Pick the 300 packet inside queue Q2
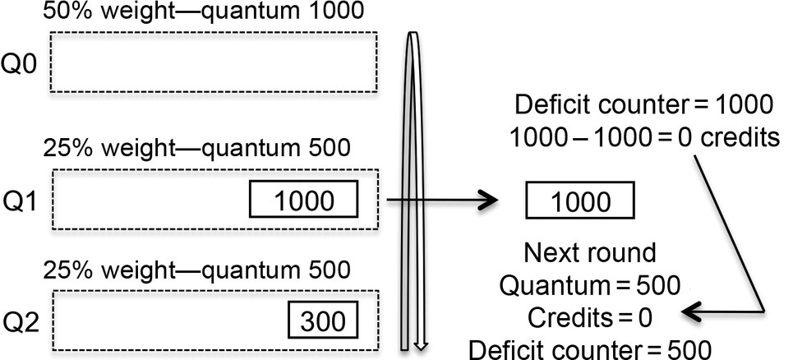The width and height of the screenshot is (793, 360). pos(323,319)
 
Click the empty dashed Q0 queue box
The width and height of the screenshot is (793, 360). pos(214,62)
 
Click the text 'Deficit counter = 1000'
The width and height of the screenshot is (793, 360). pos(643,105)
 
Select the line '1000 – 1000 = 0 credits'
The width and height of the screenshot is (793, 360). pos(643,136)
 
